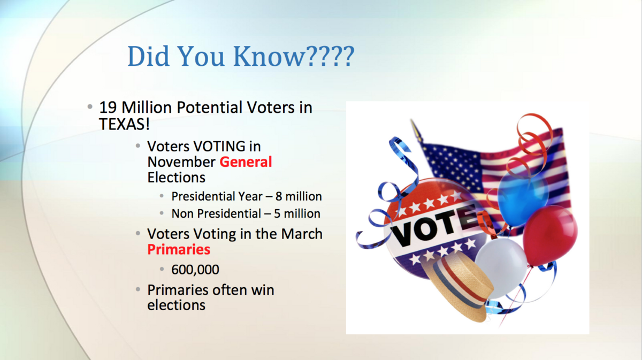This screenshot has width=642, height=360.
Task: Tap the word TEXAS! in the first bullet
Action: (124, 125)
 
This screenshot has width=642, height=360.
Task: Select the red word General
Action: (246, 162)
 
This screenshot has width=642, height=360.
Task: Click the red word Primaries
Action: (179, 249)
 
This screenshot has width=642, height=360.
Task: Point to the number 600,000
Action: (195, 270)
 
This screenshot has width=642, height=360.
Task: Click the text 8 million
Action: (299, 196)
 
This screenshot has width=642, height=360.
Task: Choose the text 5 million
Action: (297, 213)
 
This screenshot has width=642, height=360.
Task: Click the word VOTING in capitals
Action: (219, 146)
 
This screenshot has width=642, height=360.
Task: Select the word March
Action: (302, 234)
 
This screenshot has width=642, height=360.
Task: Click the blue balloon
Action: (523, 196)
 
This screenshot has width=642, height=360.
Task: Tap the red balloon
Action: (550, 235)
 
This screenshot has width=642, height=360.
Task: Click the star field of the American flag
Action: (453, 166)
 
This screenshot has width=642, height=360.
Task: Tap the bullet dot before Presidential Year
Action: (162, 196)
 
